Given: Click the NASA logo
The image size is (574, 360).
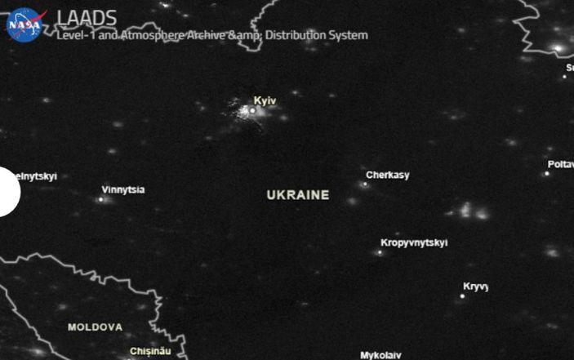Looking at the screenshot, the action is pos(24,24).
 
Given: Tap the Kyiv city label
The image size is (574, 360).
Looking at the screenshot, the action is pos(265,100).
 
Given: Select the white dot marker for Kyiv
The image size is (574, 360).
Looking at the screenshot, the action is pos(252,110).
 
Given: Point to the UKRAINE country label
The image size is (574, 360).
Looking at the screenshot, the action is pos(298,195).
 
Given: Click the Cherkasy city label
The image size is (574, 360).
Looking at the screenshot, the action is pos(388,176).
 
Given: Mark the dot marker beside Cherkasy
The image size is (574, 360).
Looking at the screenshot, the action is pos(365,184).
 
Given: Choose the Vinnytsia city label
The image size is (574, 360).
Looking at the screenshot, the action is pos(123,190).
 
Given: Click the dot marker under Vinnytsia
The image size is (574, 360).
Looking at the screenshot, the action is pos(101,198).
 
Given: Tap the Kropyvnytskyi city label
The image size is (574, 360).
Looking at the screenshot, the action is pos(414,242).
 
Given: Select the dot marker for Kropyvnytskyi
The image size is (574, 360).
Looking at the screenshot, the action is pos(380,252).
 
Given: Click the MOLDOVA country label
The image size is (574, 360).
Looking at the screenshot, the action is pos(95,327).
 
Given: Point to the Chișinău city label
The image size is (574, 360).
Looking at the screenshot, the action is pos(150,352).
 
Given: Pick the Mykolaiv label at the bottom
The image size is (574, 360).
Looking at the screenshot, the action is pos(380,355).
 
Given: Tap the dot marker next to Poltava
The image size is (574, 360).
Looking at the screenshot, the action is pos(547,173).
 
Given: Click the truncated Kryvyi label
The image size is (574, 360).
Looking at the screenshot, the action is pos(475,287).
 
